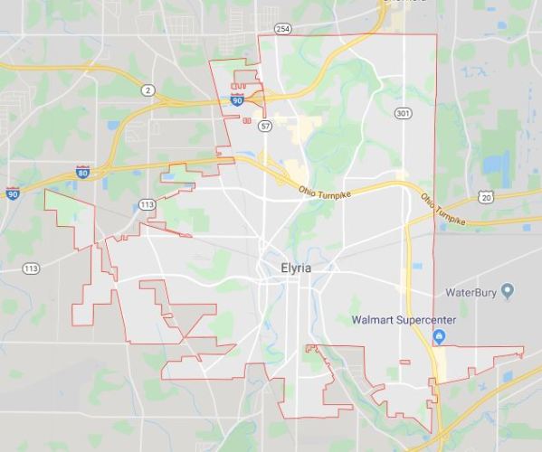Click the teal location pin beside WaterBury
[508, 291]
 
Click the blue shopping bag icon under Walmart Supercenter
[439, 337]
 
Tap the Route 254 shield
[283, 28]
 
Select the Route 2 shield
[147, 89]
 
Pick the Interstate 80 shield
[82, 172]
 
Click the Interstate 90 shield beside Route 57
[237, 100]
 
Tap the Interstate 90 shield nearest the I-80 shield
[13, 193]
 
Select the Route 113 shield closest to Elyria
[147, 205]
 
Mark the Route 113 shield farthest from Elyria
[32, 268]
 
